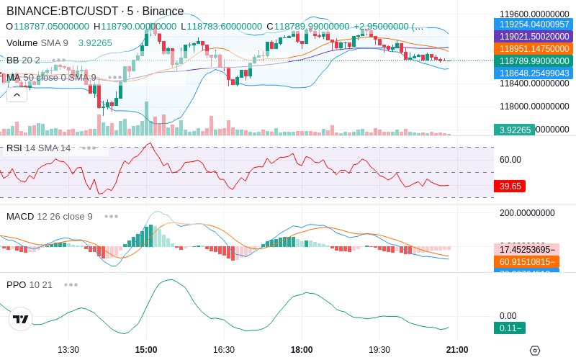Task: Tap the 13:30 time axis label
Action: click(x=68, y=350)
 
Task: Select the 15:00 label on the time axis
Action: click(x=146, y=350)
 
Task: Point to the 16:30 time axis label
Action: click(x=224, y=350)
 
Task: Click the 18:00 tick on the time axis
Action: click(x=302, y=350)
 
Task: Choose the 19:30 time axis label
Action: click(x=379, y=350)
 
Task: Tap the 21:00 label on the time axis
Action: click(x=458, y=350)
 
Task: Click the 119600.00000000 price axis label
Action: click(x=534, y=14)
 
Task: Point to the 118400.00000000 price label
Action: click(x=534, y=84)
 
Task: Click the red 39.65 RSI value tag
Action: click(x=510, y=186)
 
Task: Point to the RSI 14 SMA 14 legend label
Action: click(x=39, y=148)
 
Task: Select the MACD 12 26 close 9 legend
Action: click(x=50, y=216)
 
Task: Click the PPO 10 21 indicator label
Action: click(x=30, y=284)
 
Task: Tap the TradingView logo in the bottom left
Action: click(x=21, y=319)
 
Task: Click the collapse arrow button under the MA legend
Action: click(x=17, y=94)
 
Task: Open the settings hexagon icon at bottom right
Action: click(x=534, y=351)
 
